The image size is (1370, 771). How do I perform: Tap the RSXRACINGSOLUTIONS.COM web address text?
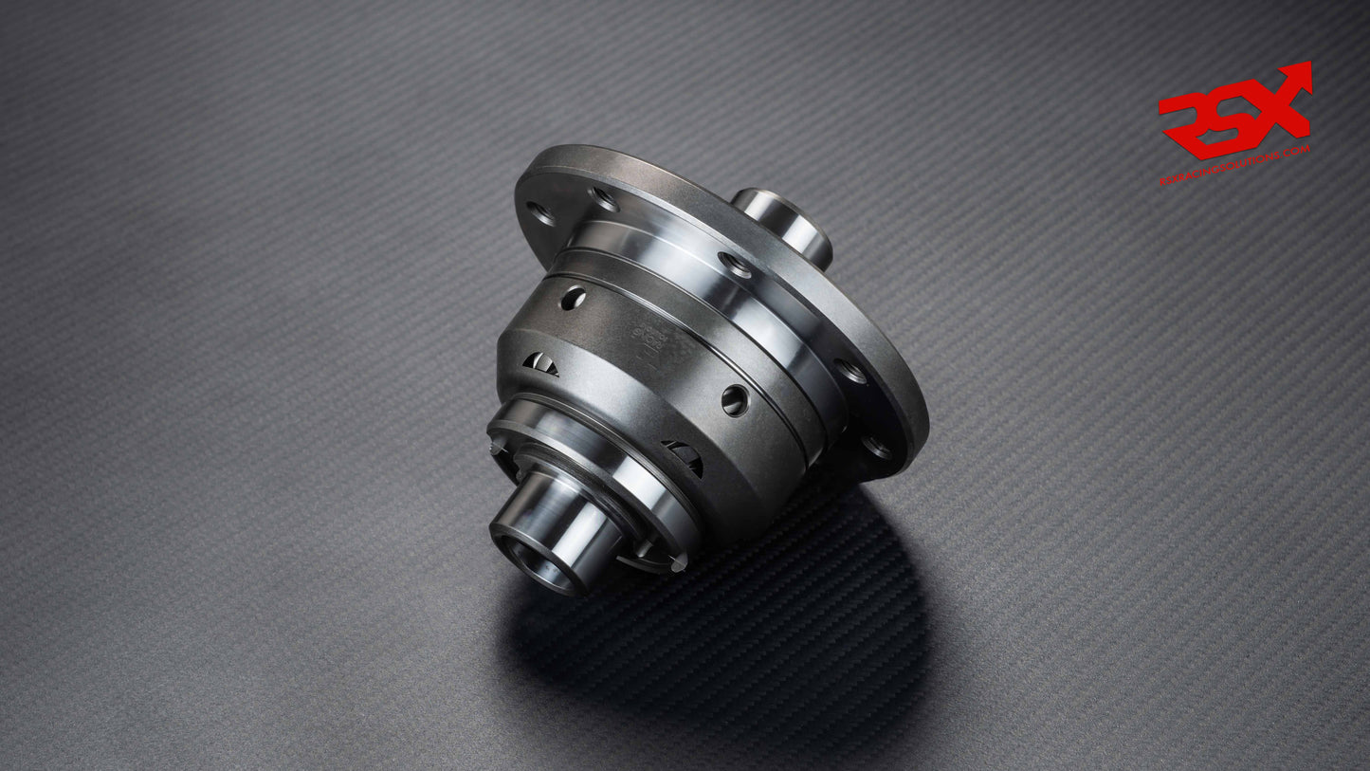[x=1234, y=165]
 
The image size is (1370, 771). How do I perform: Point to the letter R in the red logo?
[x=1185, y=119]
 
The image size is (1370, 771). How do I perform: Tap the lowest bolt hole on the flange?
[x=877, y=446]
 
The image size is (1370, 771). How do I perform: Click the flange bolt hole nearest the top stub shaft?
[x=735, y=265]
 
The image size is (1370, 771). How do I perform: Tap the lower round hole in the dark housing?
[x=735, y=400]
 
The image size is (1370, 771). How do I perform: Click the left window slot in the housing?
[x=540, y=363]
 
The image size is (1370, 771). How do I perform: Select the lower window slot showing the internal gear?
[x=685, y=457]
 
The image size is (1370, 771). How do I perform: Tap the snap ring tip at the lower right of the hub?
[x=677, y=563]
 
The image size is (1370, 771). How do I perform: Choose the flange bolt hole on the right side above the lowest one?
[x=850, y=371]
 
